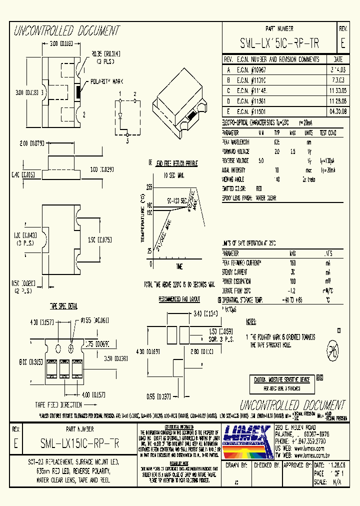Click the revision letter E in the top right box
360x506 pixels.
click(x=342, y=43)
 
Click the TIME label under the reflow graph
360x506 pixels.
click(x=179, y=266)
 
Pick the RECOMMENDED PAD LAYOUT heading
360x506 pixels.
click(x=179, y=299)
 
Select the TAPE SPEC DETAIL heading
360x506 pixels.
click(x=63, y=305)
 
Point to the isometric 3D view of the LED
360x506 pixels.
click(x=181, y=102)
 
